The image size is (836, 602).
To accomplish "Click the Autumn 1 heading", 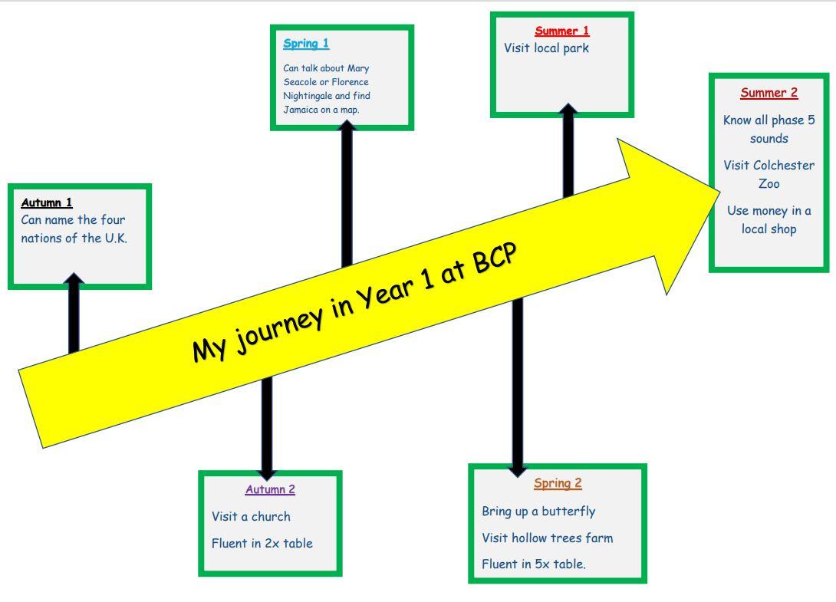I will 47,202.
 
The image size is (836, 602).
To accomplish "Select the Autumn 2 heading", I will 270,489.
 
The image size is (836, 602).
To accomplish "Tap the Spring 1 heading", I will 305,44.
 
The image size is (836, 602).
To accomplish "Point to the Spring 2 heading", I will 558,483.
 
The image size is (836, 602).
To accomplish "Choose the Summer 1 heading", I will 562,31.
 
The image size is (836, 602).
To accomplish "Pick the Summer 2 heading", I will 769,93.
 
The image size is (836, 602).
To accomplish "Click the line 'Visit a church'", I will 251,516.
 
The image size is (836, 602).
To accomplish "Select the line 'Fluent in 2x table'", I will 262,543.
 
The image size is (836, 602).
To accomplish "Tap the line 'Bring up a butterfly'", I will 538,511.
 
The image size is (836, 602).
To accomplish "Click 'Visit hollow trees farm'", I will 547,538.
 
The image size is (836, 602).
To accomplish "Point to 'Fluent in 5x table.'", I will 533,564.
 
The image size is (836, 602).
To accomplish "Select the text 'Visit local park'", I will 546,48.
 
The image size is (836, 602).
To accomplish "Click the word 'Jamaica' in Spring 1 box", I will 301,110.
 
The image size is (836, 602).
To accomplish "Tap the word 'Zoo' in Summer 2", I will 769,184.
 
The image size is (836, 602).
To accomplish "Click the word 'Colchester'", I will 784,166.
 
